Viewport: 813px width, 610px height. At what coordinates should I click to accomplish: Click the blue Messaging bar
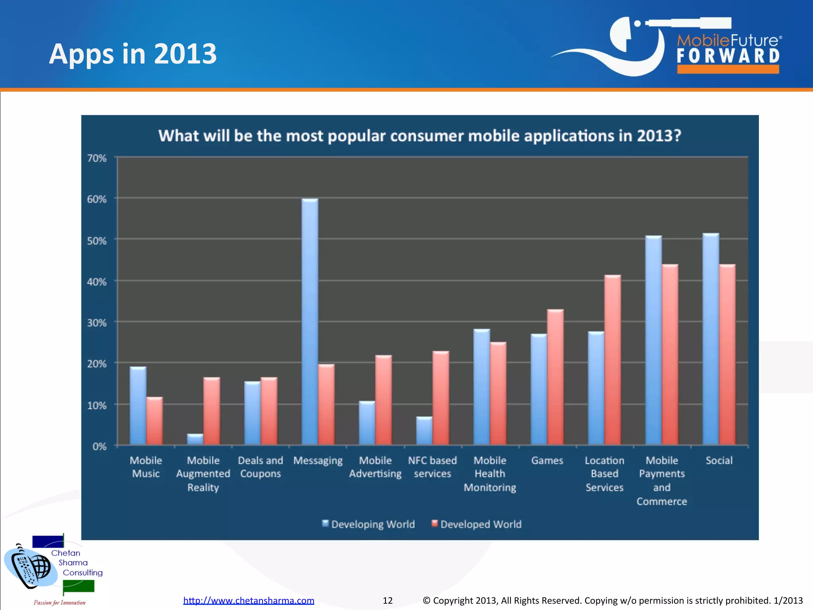click(310, 322)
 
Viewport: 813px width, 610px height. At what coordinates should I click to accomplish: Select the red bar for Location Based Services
click(613, 359)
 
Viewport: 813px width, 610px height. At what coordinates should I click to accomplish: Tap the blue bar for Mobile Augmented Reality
click(195, 439)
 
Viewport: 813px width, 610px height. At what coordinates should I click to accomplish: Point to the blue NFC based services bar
click(424, 430)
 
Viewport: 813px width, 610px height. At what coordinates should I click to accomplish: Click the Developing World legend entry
click(368, 524)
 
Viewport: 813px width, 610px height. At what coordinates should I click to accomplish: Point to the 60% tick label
click(97, 199)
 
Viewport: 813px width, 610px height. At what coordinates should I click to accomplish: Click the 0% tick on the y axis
click(99, 446)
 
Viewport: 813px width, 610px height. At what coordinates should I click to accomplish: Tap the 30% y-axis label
click(97, 323)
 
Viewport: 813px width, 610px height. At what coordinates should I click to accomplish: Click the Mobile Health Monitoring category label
click(490, 474)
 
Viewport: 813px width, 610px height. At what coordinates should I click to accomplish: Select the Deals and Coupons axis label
click(260, 467)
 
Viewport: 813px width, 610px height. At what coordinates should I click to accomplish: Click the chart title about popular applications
click(420, 136)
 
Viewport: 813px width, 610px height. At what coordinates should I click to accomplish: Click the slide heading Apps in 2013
click(133, 54)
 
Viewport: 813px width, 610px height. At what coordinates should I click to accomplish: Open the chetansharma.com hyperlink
click(249, 600)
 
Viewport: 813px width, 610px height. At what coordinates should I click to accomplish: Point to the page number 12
click(387, 600)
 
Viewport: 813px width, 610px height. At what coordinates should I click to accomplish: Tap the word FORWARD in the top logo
click(728, 56)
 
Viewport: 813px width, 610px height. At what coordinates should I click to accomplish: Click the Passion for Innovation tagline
click(60, 602)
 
